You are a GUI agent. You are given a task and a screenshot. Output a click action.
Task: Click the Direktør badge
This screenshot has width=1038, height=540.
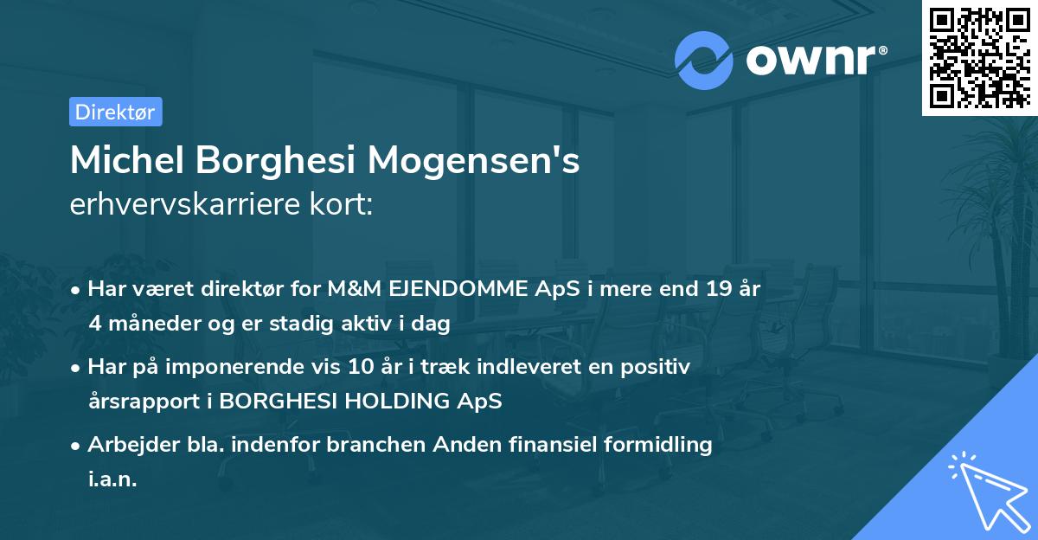115,112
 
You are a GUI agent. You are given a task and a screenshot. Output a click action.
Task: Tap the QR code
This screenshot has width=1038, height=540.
979,58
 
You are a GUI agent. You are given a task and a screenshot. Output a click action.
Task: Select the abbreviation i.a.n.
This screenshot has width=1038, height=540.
112,479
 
